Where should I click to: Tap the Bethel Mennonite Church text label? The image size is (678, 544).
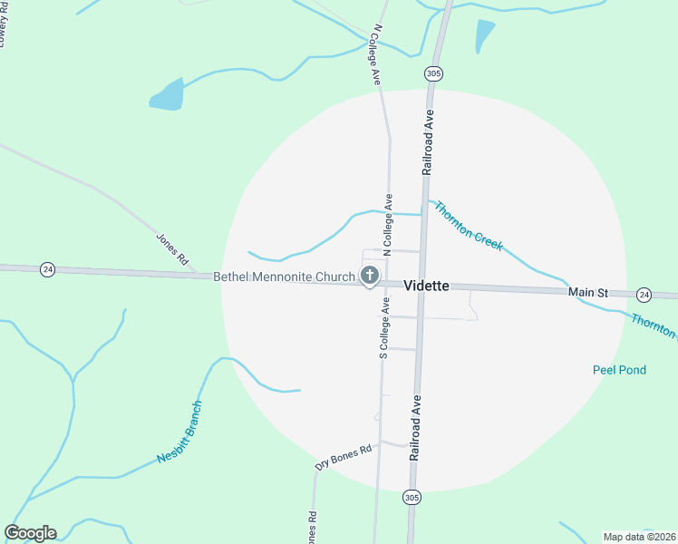click(284, 277)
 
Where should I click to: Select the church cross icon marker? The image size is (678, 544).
click(369, 275)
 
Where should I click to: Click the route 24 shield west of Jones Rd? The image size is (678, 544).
click(48, 269)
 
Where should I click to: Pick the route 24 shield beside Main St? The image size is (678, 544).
click(644, 295)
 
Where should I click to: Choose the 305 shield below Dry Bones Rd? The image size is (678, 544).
click(412, 497)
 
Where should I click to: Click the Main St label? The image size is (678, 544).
click(587, 293)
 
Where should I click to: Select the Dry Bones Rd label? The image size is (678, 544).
click(344, 456)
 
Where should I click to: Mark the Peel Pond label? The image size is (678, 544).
click(619, 370)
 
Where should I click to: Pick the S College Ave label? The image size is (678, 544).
click(384, 328)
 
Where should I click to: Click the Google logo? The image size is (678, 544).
click(30, 533)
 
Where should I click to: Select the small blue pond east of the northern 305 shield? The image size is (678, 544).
click(485, 36)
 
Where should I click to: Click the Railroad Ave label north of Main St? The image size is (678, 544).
click(429, 141)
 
